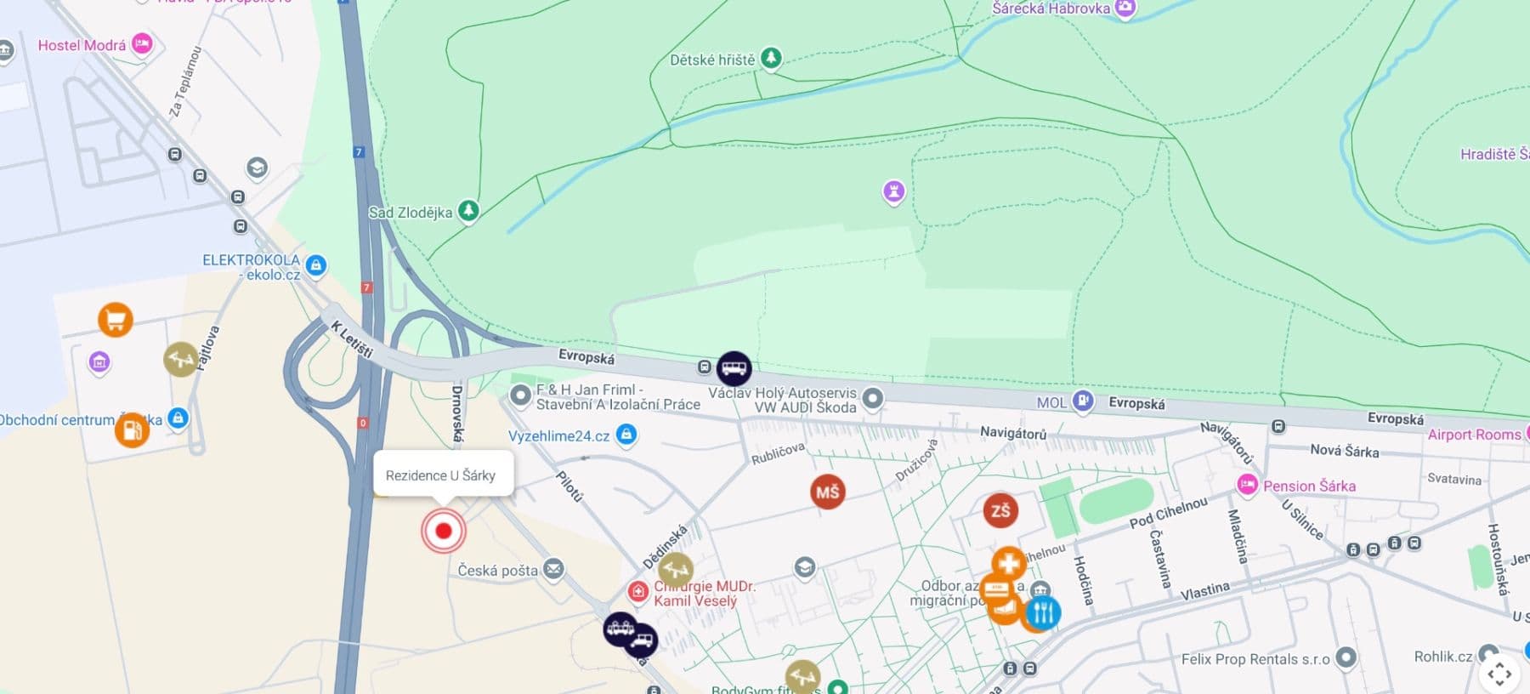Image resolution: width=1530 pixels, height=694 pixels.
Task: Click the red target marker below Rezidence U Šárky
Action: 443,531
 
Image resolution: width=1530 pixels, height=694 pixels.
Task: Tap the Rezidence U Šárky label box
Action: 442,475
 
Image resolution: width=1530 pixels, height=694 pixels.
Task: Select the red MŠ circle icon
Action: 827,492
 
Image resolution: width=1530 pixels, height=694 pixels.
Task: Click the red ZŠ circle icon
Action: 1000,510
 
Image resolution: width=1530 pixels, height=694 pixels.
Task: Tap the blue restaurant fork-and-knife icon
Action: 1043,612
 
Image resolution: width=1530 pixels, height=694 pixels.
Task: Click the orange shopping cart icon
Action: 115,320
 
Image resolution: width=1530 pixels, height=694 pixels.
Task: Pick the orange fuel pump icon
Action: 132,430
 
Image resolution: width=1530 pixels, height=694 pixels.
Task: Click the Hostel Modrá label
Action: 82,45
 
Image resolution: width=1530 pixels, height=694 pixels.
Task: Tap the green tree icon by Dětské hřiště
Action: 771,58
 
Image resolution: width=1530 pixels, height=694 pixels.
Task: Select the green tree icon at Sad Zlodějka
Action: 468,210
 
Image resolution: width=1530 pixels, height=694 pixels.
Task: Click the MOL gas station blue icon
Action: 1082,401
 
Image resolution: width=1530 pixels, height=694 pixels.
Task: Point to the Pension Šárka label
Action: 1308,486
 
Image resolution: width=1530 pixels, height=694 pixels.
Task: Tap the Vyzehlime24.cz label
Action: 558,435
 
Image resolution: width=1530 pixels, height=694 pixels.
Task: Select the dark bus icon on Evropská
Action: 734,368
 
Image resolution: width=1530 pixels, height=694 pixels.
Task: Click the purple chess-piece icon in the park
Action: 893,191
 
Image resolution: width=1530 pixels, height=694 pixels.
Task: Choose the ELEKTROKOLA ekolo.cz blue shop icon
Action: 316,265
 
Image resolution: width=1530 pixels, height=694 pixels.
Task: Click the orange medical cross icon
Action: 1008,564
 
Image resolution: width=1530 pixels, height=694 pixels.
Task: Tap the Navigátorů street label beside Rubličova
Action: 1012,433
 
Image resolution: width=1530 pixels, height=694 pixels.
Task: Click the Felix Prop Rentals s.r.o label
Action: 1255,658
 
